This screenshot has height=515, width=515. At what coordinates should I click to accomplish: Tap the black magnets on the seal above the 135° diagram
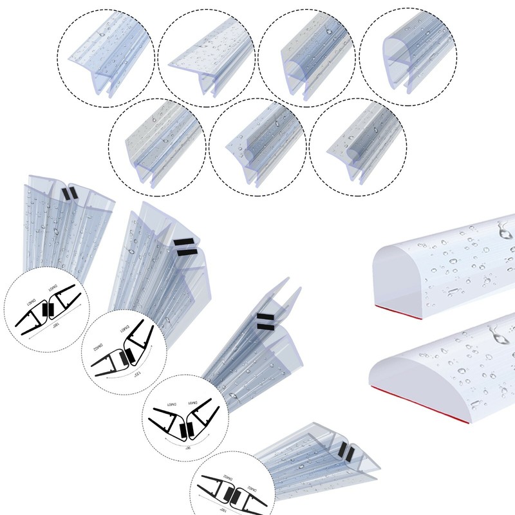point(183,243)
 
